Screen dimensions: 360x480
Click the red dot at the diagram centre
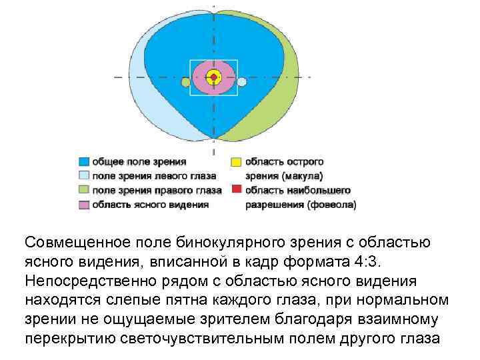click(x=213, y=77)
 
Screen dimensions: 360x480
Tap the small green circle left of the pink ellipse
click(x=185, y=82)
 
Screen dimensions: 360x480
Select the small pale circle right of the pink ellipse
click(x=242, y=82)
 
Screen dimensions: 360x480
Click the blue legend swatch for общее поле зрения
click(x=83, y=162)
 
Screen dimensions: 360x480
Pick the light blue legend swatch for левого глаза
click(x=83, y=176)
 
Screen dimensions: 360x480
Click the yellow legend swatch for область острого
click(x=235, y=162)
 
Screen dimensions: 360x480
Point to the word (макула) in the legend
click(x=303, y=177)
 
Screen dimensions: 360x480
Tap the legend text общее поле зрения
click(x=139, y=162)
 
